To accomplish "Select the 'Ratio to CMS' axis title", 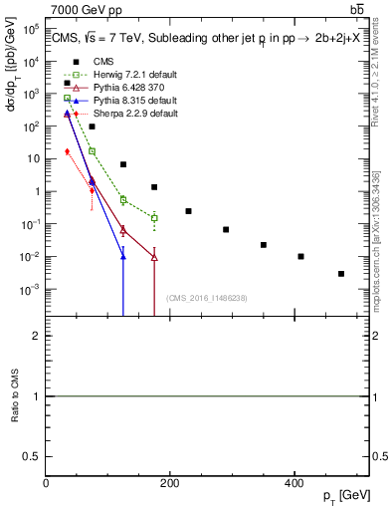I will click(x=14, y=396).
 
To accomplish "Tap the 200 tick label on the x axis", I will click(x=170, y=483).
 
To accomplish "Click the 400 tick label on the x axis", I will click(x=293, y=483).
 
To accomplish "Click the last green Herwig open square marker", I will click(x=154, y=217).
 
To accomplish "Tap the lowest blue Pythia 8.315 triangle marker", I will click(x=123, y=257).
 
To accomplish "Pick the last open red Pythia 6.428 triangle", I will click(x=154, y=257).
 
